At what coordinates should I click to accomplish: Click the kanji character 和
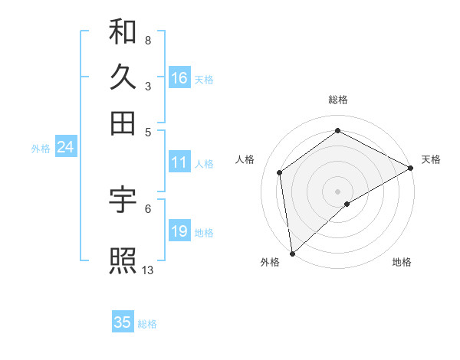point(123,33)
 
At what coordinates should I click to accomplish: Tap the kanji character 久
point(123,78)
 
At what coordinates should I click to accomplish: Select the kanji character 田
point(123,123)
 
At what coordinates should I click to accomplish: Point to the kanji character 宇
point(123,200)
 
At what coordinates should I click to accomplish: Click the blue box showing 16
point(179,78)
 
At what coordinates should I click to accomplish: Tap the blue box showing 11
point(179,162)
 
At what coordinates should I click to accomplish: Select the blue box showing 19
point(179,231)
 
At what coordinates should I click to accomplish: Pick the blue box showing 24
point(65,147)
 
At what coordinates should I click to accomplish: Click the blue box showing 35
point(123,322)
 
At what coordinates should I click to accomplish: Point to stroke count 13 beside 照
point(148,270)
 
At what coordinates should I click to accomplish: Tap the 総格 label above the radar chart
point(338,100)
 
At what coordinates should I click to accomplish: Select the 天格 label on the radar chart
point(431,159)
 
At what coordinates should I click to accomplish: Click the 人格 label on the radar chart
point(245,159)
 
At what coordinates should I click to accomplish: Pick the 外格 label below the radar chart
point(270,262)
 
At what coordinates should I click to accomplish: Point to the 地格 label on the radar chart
point(402,262)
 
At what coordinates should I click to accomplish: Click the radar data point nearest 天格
point(411,168)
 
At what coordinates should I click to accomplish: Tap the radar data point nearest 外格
point(292,253)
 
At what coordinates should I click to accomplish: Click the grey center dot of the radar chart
point(338,191)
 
